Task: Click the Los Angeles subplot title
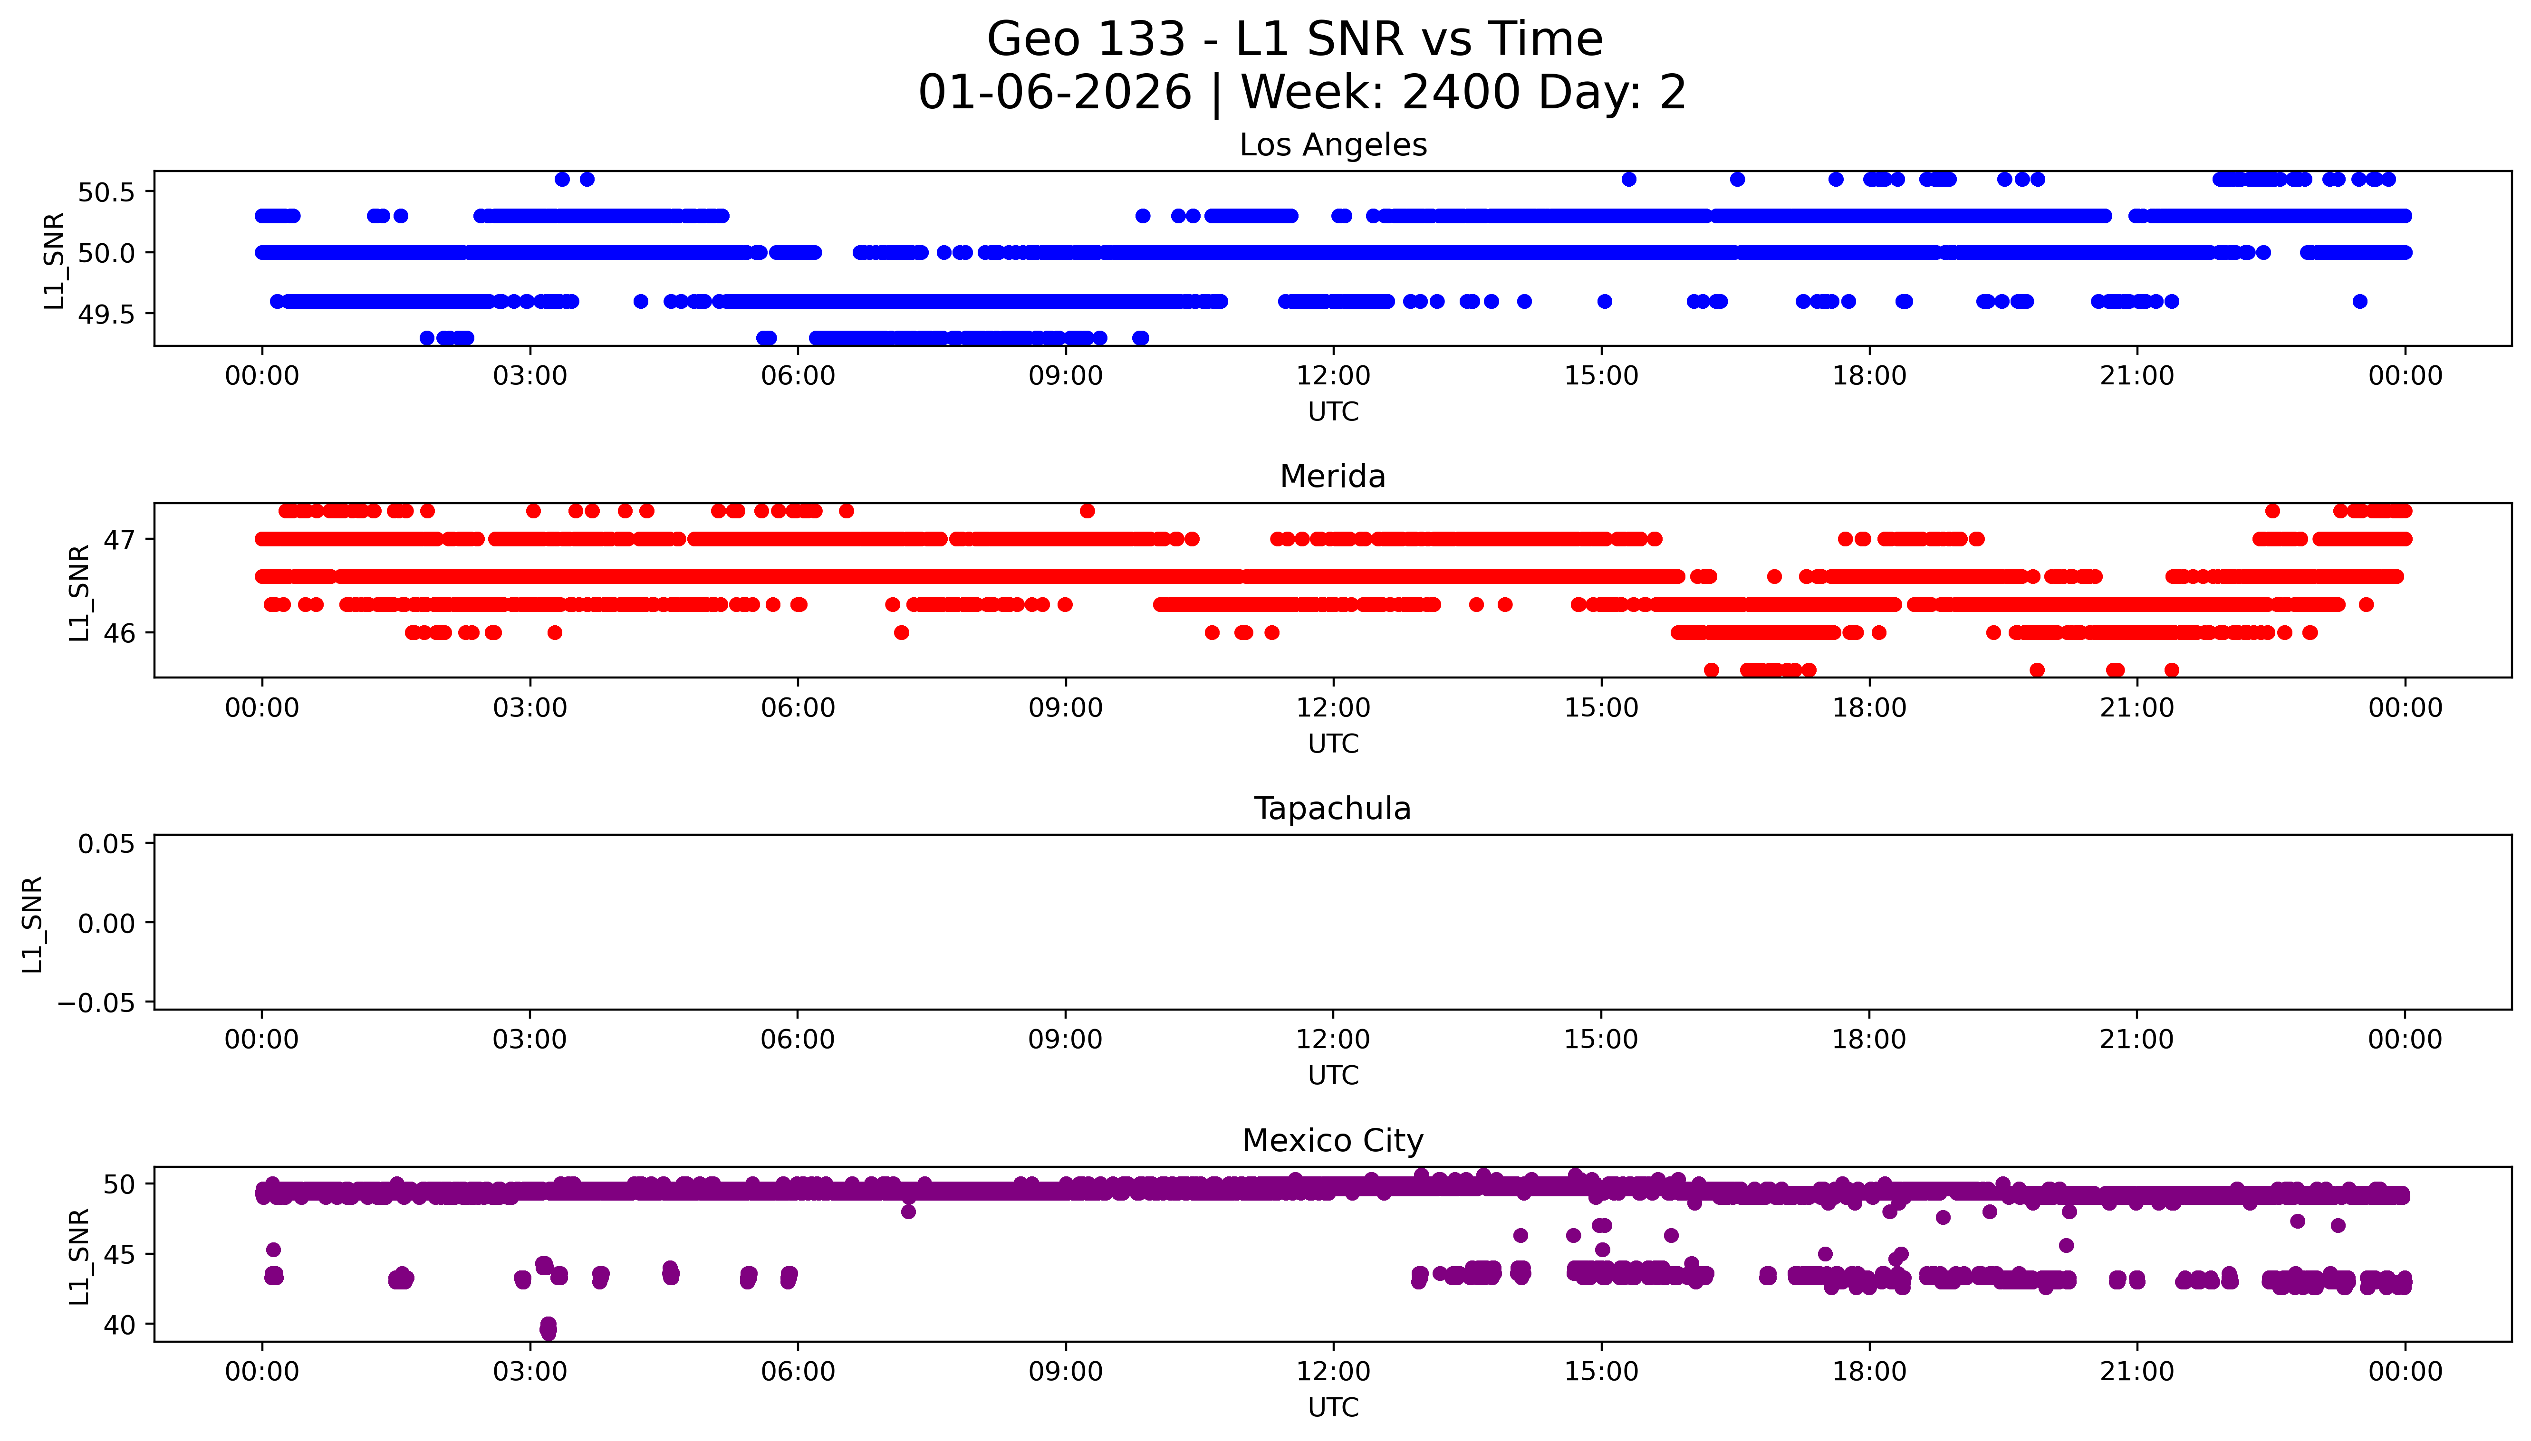coord(1332,145)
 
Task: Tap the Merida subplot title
coord(1332,477)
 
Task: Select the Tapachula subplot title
coord(1332,809)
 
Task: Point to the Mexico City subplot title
coord(1332,1141)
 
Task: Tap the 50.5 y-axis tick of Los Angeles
coord(106,192)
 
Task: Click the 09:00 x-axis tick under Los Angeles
coord(1065,376)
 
